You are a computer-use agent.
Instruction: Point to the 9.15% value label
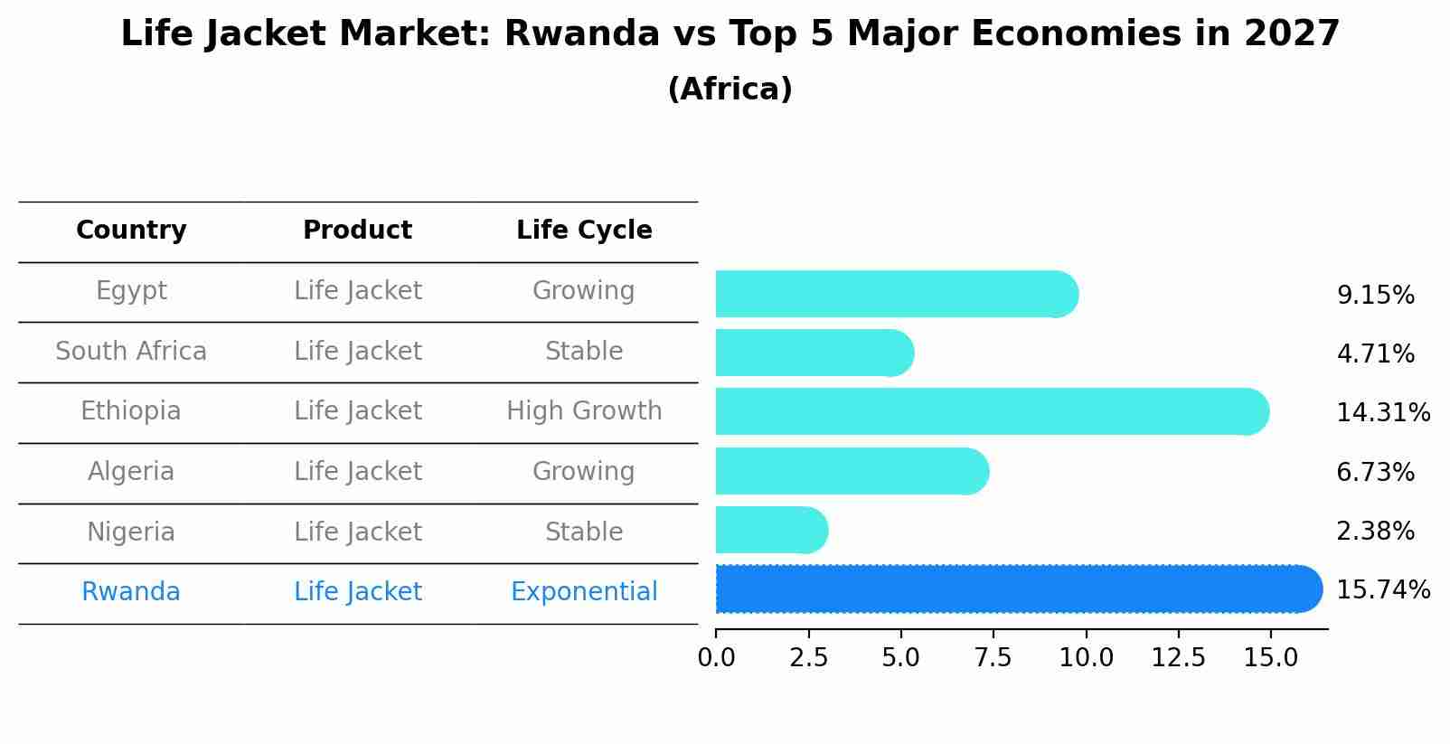click(1375, 296)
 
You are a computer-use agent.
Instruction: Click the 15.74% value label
click(1382, 590)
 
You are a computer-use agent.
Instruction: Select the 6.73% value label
click(1375, 473)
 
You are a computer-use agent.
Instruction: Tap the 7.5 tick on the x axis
click(993, 658)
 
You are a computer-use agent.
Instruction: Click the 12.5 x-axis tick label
click(1178, 658)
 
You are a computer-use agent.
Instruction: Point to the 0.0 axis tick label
click(716, 658)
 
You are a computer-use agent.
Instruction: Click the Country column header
click(131, 231)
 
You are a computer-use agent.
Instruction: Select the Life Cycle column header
click(584, 231)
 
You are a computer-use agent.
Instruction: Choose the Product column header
click(357, 231)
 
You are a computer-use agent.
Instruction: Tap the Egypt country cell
click(131, 291)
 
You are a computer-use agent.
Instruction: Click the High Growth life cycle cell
click(584, 411)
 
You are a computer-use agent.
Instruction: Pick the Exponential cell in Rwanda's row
click(584, 592)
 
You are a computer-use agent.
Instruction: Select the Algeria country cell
click(131, 472)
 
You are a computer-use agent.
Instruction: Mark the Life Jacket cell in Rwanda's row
click(357, 592)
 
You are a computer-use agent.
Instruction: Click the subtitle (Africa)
click(730, 89)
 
